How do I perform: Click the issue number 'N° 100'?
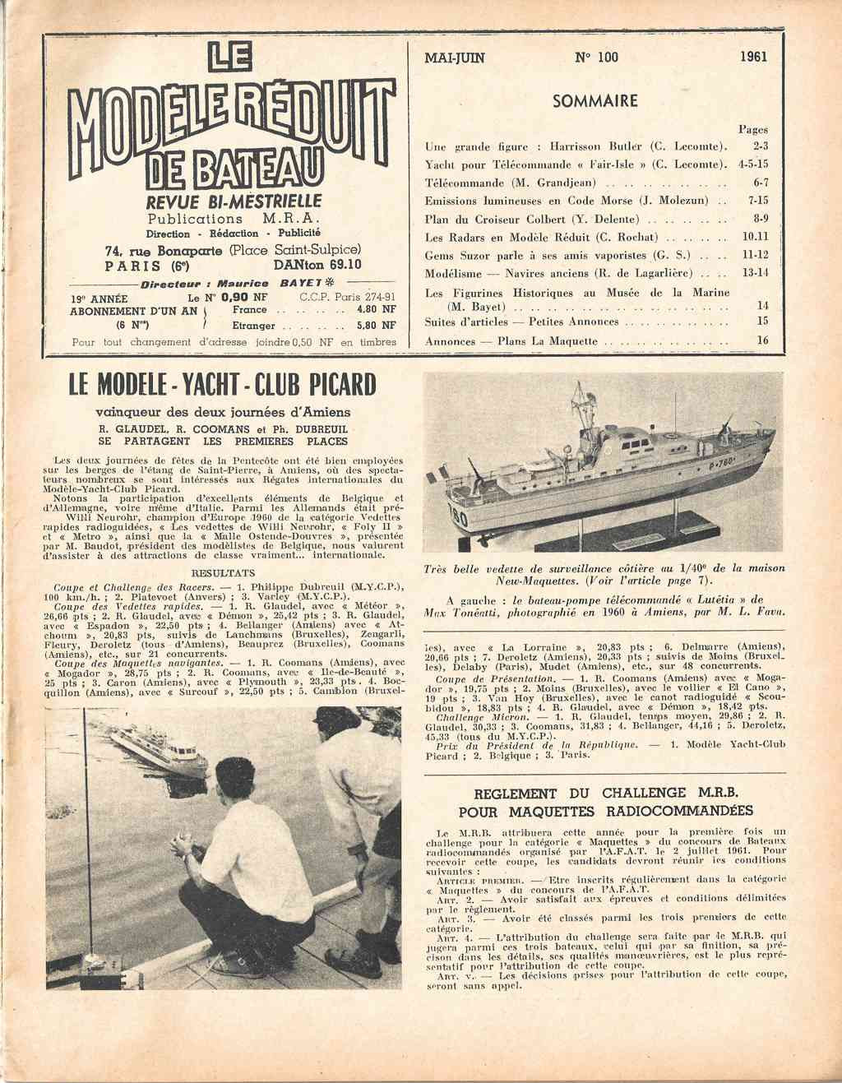(597, 58)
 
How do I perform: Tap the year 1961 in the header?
(753, 58)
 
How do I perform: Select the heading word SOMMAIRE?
(595, 101)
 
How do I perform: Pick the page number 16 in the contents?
(762, 340)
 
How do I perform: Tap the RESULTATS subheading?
(222, 572)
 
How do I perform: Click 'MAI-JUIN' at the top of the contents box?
(455, 58)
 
